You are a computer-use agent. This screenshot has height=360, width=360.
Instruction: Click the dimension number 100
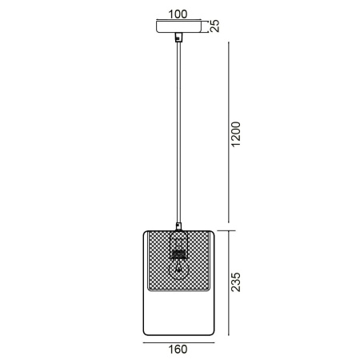pyautogui.click(x=178, y=13)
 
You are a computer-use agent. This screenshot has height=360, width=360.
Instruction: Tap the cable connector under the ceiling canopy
pyautogui.click(x=178, y=38)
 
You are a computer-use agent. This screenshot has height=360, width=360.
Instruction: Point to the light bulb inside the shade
pyautogui.click(x=179, y=272)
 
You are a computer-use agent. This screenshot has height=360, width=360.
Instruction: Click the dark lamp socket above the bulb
pyautogui.click(x=179, y=255)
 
